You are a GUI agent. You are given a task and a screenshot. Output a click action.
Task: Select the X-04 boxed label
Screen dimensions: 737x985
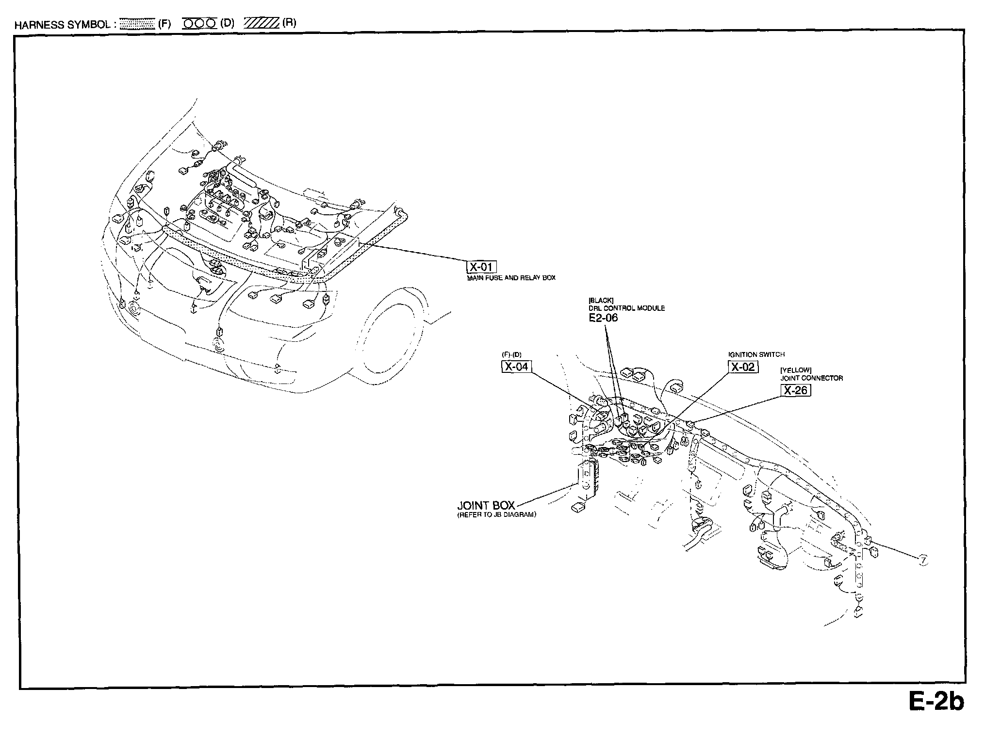[516, 367]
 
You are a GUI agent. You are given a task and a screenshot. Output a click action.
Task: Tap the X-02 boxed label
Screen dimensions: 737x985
[743, 367]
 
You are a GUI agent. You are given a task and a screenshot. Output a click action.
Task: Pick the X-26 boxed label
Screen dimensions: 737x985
[795, 390]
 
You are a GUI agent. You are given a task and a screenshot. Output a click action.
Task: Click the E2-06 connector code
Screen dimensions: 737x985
[603, 318]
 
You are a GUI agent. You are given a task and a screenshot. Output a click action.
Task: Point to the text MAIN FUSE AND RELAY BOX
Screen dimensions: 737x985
[511, 278]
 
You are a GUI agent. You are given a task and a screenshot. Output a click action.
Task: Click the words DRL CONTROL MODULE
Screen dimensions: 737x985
[626, 308]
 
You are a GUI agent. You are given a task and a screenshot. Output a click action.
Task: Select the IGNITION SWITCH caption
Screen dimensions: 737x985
[756, 354]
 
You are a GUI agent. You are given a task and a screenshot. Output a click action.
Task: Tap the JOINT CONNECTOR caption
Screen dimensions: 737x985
[811, 378]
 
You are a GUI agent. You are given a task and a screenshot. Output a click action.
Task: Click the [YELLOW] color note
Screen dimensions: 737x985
[796, 370]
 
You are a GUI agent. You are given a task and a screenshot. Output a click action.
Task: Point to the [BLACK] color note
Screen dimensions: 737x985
[601, 301]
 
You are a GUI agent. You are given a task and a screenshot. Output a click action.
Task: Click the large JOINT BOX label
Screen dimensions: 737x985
[486, 506]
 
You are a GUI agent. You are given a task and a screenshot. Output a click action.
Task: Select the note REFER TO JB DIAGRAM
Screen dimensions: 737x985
[496, 515]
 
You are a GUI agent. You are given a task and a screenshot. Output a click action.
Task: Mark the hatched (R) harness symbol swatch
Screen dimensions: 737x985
[262, 23]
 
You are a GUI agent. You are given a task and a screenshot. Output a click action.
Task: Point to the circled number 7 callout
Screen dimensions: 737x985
[922, 561]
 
